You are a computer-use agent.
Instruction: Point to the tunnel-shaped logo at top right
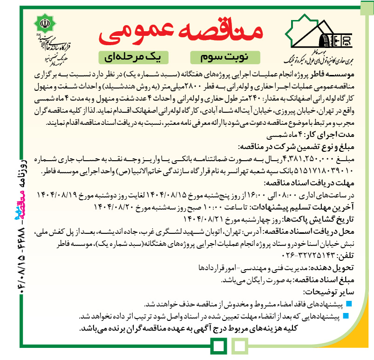tap(322, 35)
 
